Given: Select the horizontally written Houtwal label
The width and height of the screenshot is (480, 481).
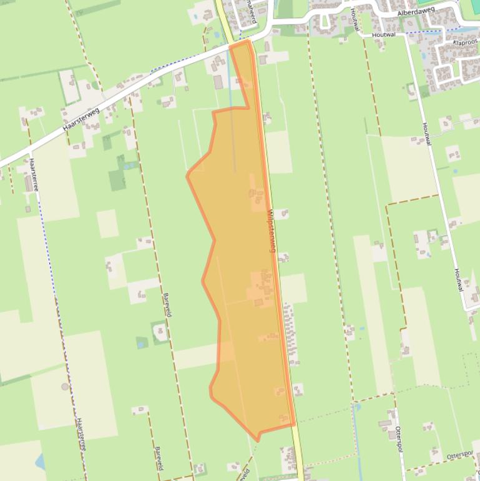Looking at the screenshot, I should [384, 35].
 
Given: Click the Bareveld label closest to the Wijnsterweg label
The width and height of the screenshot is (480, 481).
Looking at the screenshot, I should [167, 304].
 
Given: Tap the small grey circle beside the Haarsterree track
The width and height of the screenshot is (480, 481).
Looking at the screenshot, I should [65, 387].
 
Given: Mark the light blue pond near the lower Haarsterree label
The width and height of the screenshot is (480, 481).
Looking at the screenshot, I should [41, 463].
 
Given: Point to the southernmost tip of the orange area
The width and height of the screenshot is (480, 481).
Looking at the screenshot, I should [257, 441].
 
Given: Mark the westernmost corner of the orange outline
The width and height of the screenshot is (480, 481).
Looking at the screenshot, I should [187, 176].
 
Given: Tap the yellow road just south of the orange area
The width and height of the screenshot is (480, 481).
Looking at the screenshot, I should [299, 456].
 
